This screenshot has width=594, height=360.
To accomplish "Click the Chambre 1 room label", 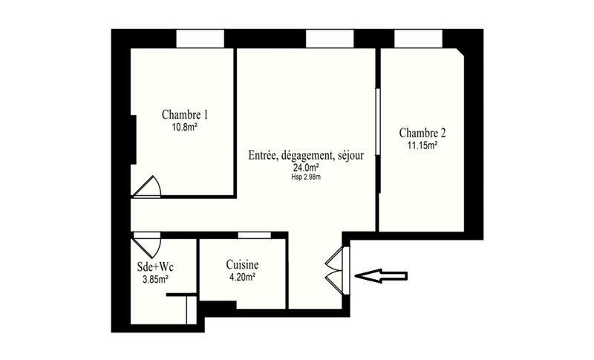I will (x=184, y=115).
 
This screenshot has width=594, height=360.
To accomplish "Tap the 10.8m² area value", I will (x=184, y=127).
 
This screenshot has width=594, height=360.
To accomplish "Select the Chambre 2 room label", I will (x=422, y=134).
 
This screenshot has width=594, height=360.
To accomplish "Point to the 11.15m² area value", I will (x=422, y=145).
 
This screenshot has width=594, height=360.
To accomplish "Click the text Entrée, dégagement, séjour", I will (x=307, y=156).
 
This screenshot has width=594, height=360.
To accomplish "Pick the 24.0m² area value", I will (x=307, y=168).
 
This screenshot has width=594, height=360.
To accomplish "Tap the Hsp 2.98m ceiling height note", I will (x=307, y=177).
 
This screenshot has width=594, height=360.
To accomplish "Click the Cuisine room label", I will (x=243, y=264).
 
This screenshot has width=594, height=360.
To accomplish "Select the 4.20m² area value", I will (x=243, y=277).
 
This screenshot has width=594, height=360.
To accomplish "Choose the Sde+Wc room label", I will (x=155, y=266).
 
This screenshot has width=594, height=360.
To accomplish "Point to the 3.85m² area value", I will (x=155, y=279).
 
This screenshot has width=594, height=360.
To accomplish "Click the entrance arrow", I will (x=381, y=276).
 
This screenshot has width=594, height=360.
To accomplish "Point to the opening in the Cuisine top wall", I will (x=253, y=235).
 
